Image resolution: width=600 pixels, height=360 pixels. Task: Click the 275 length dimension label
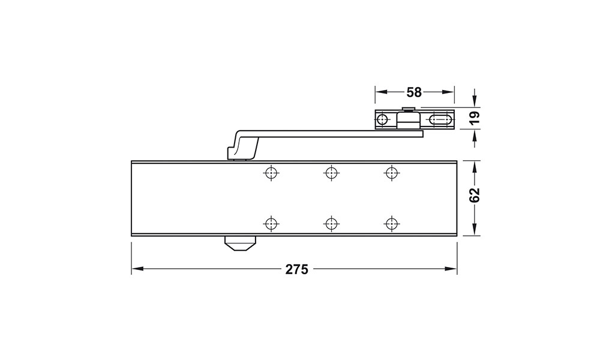296,269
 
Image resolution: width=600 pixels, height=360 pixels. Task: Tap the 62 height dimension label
474,195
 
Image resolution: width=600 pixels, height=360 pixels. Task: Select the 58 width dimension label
414,92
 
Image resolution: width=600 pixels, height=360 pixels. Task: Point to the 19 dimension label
474,118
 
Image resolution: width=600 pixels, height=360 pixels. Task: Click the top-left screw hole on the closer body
271,173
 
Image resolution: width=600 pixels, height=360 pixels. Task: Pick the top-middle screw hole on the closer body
331,173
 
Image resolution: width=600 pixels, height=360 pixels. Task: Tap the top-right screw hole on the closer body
391,173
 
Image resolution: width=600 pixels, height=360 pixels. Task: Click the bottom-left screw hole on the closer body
271,223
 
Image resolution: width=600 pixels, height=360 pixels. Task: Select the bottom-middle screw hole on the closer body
331,223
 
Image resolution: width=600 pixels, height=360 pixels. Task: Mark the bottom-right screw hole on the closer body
391,223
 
